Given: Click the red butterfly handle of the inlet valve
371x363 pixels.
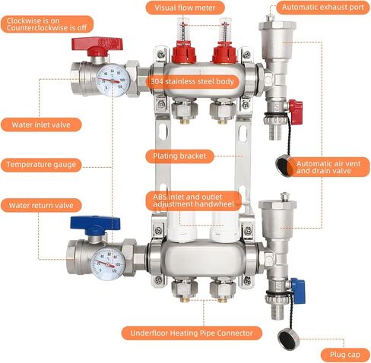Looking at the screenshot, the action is (x=97, y=43).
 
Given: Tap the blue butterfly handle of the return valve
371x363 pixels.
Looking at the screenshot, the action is (x=95, y=223).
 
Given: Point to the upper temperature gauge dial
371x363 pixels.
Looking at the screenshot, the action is (x=113, y=80).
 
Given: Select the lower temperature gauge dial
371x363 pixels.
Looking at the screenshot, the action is (x=108, y=264).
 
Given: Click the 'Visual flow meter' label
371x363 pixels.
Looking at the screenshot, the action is (x=185, y=8).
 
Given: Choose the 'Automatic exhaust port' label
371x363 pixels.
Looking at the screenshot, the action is (x=323, y=8).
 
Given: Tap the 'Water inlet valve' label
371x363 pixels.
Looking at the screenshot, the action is (x=41, y=125).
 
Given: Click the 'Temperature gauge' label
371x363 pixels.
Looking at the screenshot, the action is (x=41, y=165).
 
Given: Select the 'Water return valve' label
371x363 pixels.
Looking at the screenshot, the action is (x=41, y=205).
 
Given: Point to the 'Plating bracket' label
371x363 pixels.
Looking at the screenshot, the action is (x=179, y=156).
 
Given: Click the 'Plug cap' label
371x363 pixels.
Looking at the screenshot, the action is (x=345, y=355).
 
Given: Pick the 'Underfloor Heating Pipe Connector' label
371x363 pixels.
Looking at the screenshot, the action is (x=192, y=333).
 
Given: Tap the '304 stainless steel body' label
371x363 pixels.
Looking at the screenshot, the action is (x=192, y=81).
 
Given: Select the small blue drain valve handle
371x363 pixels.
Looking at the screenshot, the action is (x=299, y=290).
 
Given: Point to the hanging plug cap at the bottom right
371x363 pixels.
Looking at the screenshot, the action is (x=288, y=339).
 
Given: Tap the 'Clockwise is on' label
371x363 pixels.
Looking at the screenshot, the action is (x=33, y=21).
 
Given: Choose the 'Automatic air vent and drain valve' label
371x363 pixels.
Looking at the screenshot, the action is (x=328, y=167).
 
